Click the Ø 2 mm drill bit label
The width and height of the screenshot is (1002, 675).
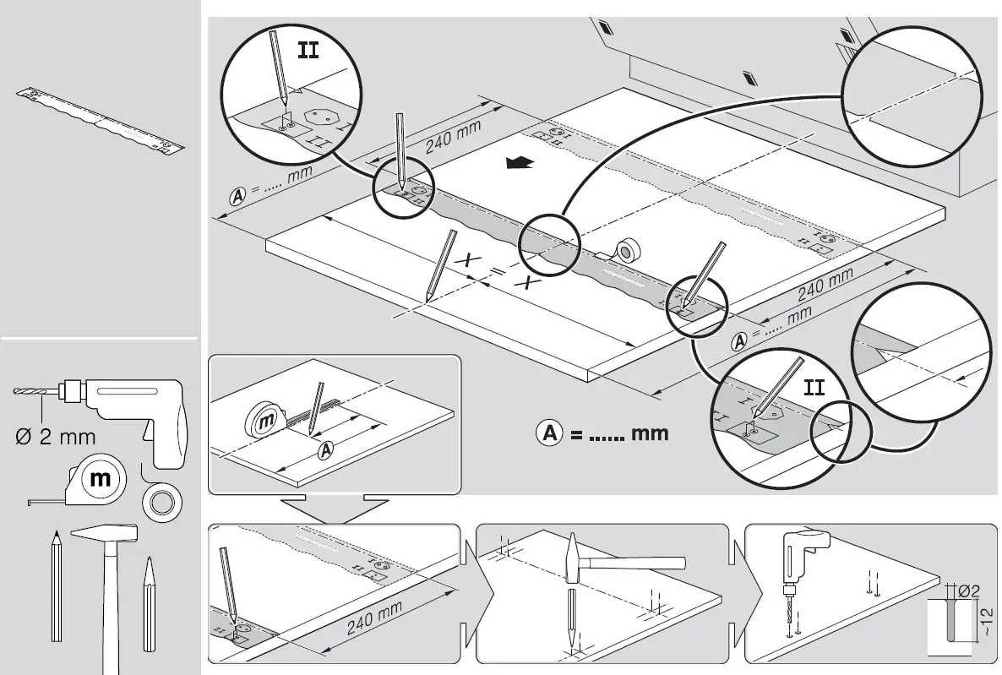pyautogui.click(x=56, y=437)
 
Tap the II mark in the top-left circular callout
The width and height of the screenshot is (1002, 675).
pyautogui.click(x=308, y=50)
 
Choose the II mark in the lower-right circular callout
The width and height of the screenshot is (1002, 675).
pyautogui.click(x=814, y=388)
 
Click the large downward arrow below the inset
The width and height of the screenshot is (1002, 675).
pyautogui.click(x=334, y=509)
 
